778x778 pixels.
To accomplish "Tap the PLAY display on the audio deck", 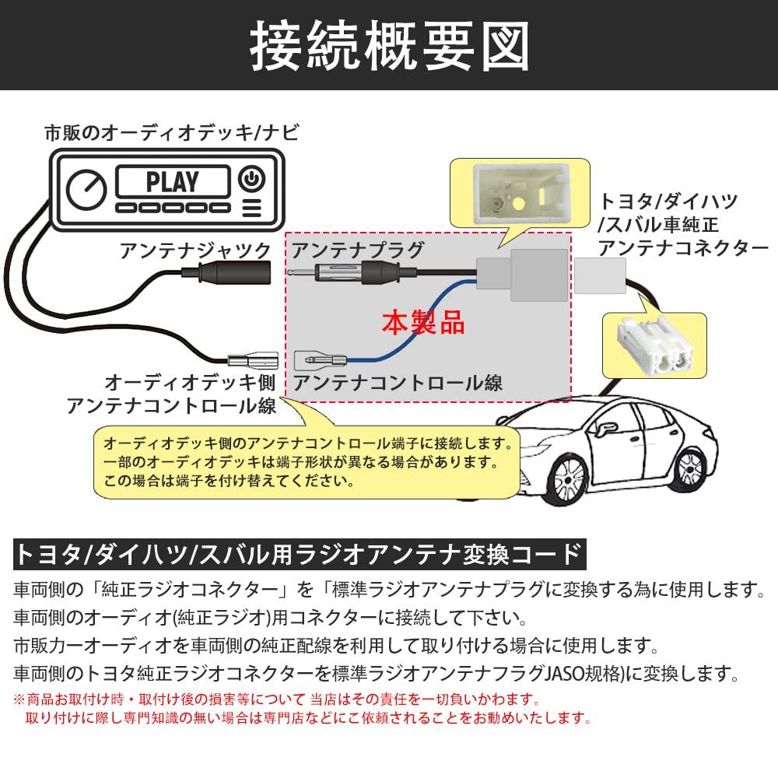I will (x=172, y=182).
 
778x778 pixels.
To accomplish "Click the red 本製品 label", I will (x=422, y=321).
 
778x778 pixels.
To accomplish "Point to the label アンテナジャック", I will (x=194, y=251).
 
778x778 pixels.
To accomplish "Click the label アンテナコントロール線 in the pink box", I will (x=397, y=382).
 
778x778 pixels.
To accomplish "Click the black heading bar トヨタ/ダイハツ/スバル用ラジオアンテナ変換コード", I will (x=299, y=554).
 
